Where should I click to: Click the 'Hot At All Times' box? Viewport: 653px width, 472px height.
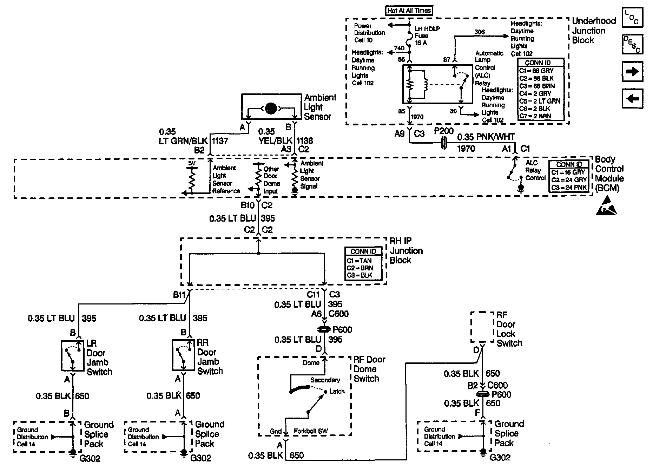tap(409, 11)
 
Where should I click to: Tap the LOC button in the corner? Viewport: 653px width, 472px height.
tap(632, 18)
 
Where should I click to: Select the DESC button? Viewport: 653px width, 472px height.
tap(632, 44)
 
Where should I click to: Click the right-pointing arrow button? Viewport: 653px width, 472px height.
tap(632, 71)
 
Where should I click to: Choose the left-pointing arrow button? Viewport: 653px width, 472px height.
tap(632, 98)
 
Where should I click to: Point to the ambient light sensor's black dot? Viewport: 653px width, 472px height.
tap(271, 108)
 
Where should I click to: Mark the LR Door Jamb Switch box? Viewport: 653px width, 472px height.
tap(73, 355)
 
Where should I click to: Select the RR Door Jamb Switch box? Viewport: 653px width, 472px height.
tap(183, 355)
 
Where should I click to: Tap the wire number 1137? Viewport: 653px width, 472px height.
tap(220, 141)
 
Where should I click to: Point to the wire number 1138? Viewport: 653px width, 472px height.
tap(305, 141)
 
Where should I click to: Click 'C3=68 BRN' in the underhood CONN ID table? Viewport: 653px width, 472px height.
tap(536, 86)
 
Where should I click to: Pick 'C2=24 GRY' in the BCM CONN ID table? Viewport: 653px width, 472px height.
tap(569, 180)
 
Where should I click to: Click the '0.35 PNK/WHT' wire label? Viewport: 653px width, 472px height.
tap(486, 137)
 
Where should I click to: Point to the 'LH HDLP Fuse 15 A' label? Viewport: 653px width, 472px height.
tap(427, 35)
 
